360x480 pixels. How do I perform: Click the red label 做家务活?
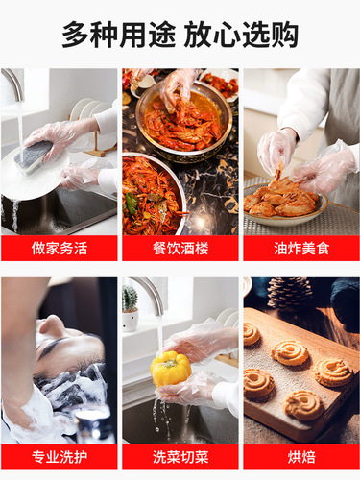59,248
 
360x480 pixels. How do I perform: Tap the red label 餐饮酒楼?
180,248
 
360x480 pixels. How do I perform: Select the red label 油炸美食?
300,248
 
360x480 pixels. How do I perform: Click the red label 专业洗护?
59,457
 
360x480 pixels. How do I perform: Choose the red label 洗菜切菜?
180,457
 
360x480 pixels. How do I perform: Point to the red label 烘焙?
300,457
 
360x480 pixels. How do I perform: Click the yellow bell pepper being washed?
172,370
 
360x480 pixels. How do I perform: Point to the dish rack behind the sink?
86,125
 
